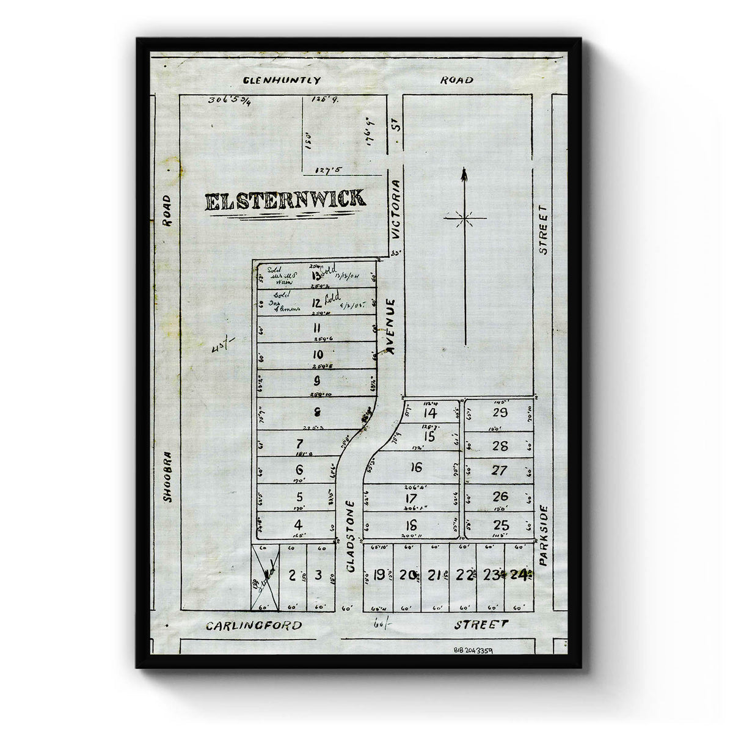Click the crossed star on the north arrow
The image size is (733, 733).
pos(465,217)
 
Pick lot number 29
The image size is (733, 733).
pos(500,412)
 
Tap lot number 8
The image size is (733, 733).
pos(317,410)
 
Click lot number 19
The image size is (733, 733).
pos(379,575)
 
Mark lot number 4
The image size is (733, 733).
pos(298,524)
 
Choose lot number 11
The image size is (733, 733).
pos(316,327)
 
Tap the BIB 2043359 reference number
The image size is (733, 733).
pos(473,651)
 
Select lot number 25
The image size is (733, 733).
pos(501,524)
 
